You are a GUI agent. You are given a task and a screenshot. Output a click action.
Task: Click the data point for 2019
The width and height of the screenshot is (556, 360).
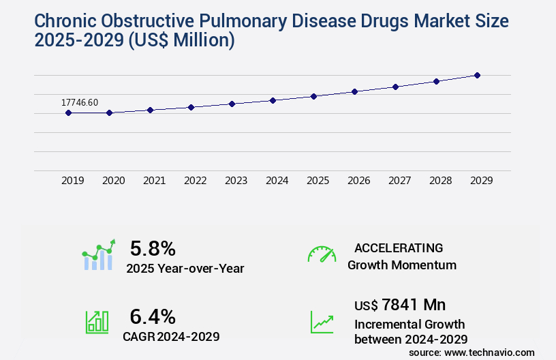pyautogui.click(x=68, y=112)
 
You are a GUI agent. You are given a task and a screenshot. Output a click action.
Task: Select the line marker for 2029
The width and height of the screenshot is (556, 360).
pyautogui.click(x=477, y=75)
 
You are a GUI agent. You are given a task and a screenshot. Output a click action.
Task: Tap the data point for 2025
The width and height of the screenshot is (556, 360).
pyautogui.click(x=313, y=96)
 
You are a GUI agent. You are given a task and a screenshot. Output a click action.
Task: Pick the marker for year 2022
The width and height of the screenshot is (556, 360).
pyautogui.click(x=191, y=107)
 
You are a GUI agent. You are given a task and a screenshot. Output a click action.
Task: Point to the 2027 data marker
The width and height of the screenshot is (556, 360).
pyautogui.click(x=395, y=87)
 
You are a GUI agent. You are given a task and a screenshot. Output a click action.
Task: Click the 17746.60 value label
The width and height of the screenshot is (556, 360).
pyautogui.click(x=80, y=102)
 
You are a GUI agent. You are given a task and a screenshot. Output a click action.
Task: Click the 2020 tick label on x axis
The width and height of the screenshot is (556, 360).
pyautogui.click(x=114, y=181)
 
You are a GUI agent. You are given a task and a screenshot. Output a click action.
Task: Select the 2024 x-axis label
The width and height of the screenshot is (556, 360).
pyautogui.click(x=277, y=181)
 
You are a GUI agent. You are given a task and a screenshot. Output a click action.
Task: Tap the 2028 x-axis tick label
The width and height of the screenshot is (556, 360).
pyautogui.click(x=441, y=181)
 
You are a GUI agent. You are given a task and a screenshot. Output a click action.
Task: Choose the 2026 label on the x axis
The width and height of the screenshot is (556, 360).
pyautogui.click(x=359, y=181)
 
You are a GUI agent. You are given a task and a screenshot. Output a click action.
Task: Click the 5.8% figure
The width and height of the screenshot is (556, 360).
pyautogui.click(x=153, y=248)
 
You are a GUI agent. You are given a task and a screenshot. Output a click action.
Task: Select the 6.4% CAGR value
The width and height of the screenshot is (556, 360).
pyautogui.click(x=153, y=316)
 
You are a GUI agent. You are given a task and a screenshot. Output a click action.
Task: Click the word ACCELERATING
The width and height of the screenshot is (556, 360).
pyautogui.click(x=399, y=247)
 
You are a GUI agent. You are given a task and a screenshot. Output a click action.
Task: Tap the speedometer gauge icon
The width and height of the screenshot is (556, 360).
pyautogui.click(x=322, y=254)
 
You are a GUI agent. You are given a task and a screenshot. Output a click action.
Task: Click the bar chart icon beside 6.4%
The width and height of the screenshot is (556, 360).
pyautogui.click(x=97, y=322)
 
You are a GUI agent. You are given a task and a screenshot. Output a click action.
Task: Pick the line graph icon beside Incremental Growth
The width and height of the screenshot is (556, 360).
pyautogui.click(x=322, y=322)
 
